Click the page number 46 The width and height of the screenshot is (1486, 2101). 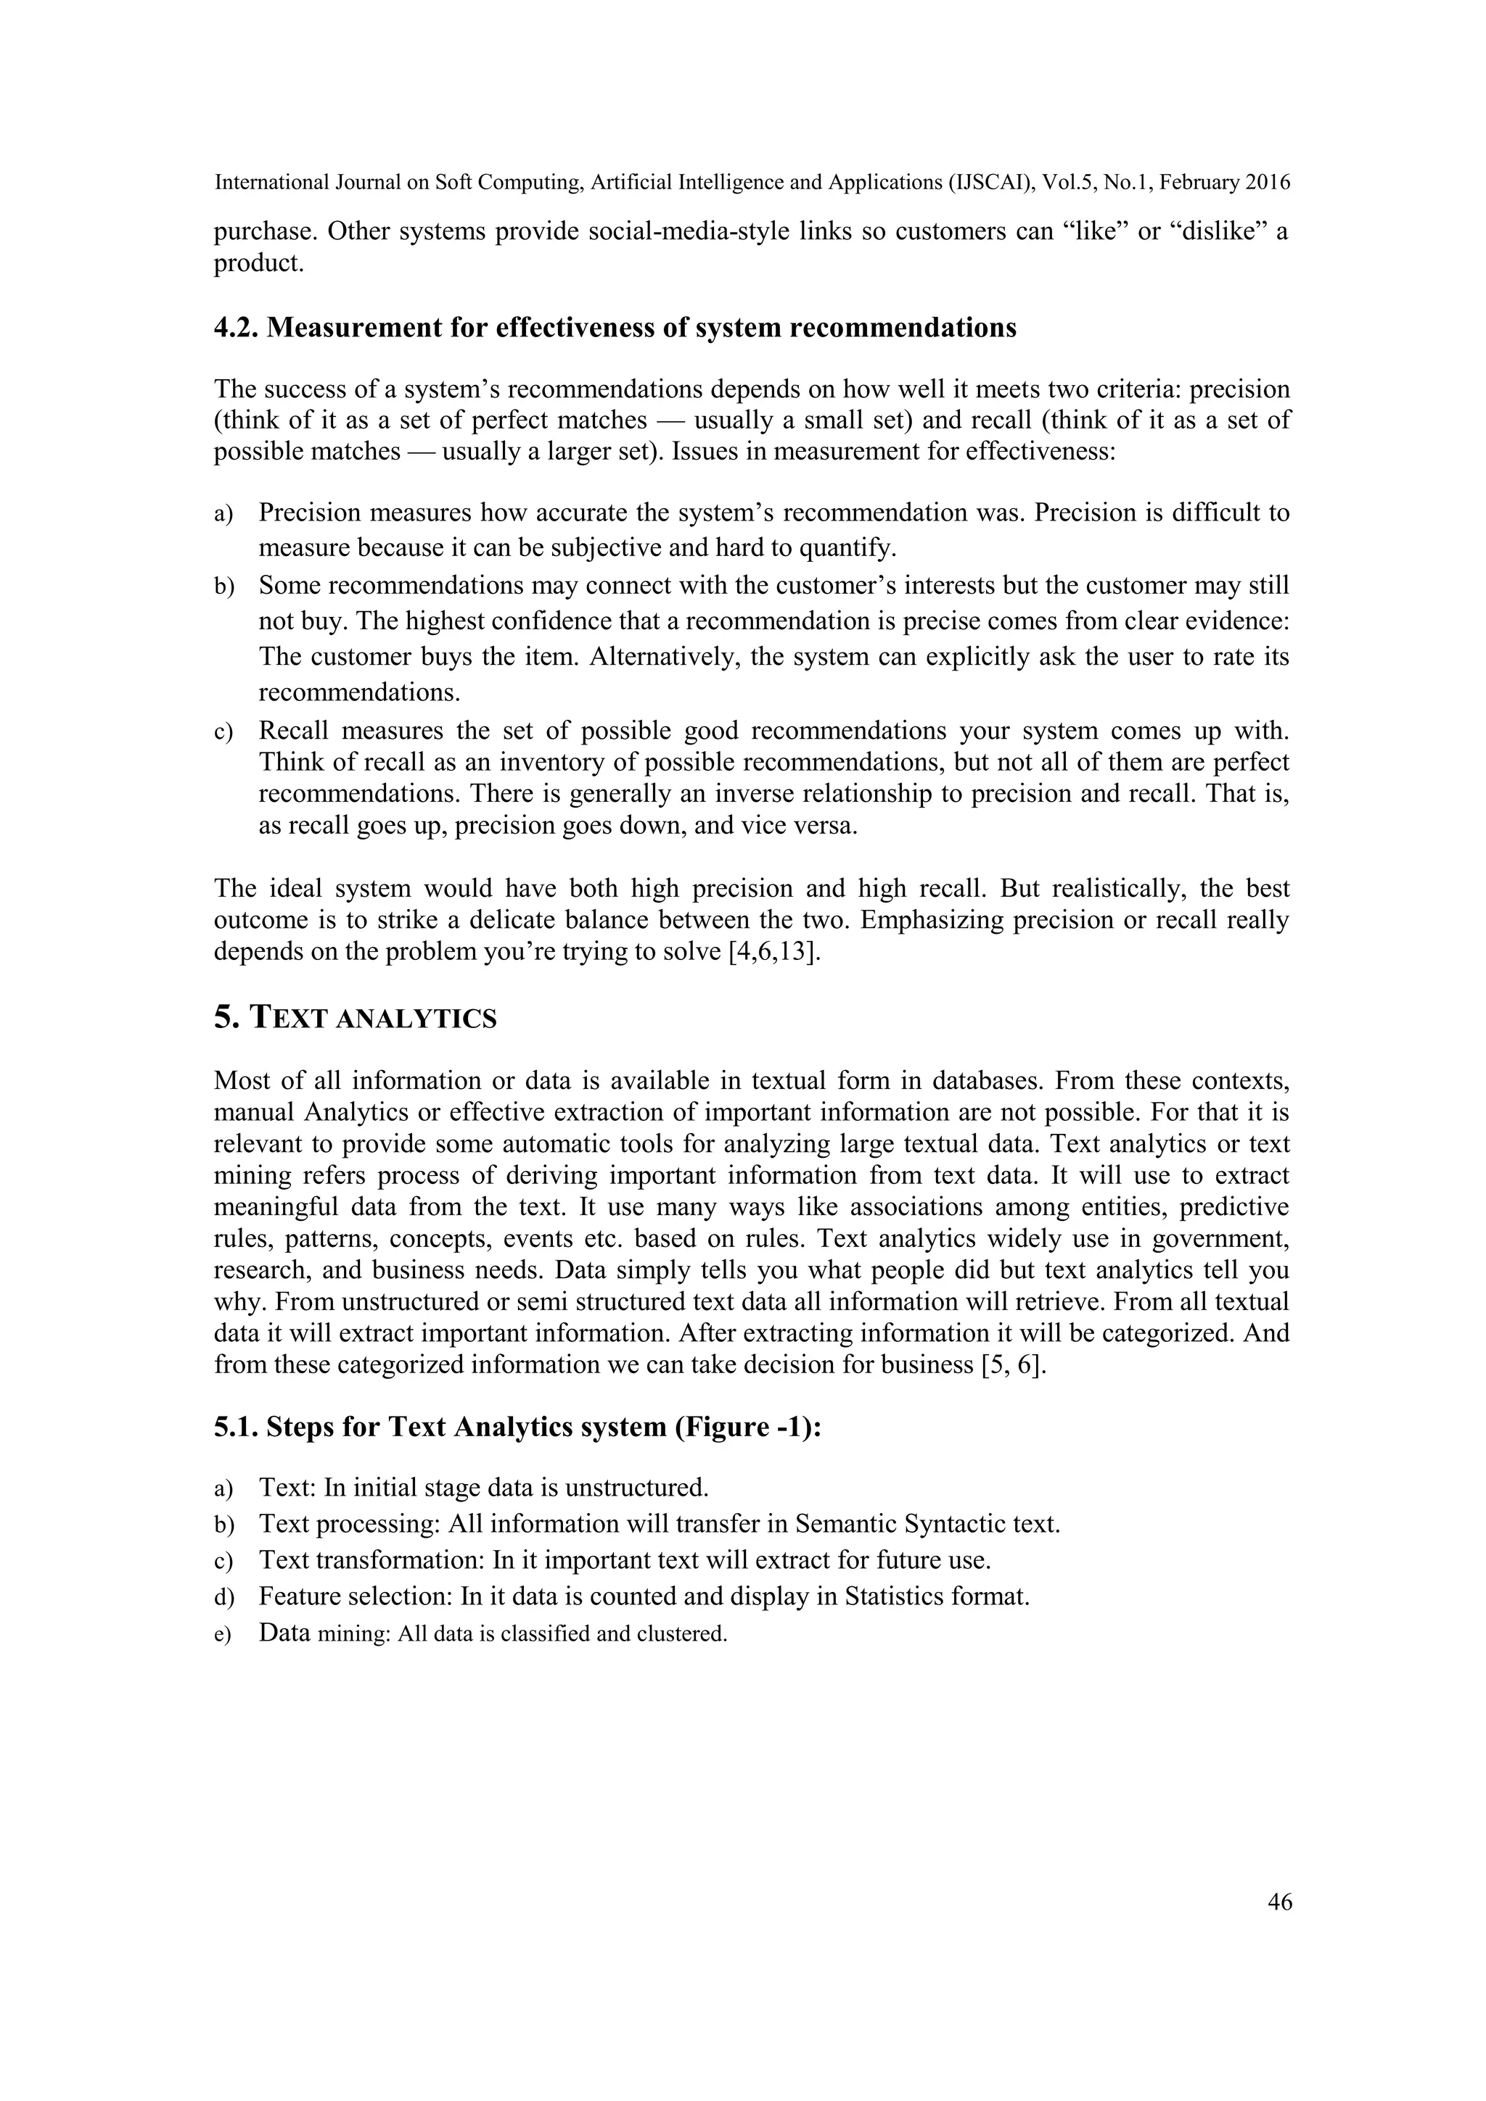(x=1279, y=1902)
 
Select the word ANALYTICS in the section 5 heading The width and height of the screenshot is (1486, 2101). (x=416, y=1019)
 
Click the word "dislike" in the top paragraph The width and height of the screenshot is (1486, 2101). (x=1220, y=231)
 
